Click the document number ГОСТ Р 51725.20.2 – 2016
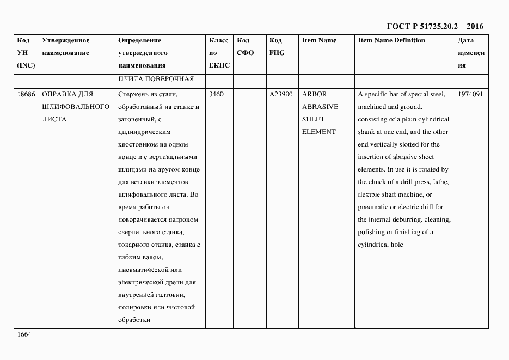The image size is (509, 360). [435, 26]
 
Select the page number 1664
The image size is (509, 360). [24, 334]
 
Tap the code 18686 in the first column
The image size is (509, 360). [26, 94]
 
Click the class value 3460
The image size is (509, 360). [216, 94]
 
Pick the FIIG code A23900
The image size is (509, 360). [281, 94]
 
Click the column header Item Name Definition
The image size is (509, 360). [391, 40]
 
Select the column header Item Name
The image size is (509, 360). [319, 40]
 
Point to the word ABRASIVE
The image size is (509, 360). [320, 107]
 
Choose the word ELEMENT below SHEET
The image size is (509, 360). [319, 132]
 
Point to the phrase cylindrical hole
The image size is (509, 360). [381, 245]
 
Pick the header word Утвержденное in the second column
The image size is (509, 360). [66, 40]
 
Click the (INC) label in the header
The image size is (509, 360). [26, 65]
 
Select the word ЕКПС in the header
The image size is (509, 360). [219, 65]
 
